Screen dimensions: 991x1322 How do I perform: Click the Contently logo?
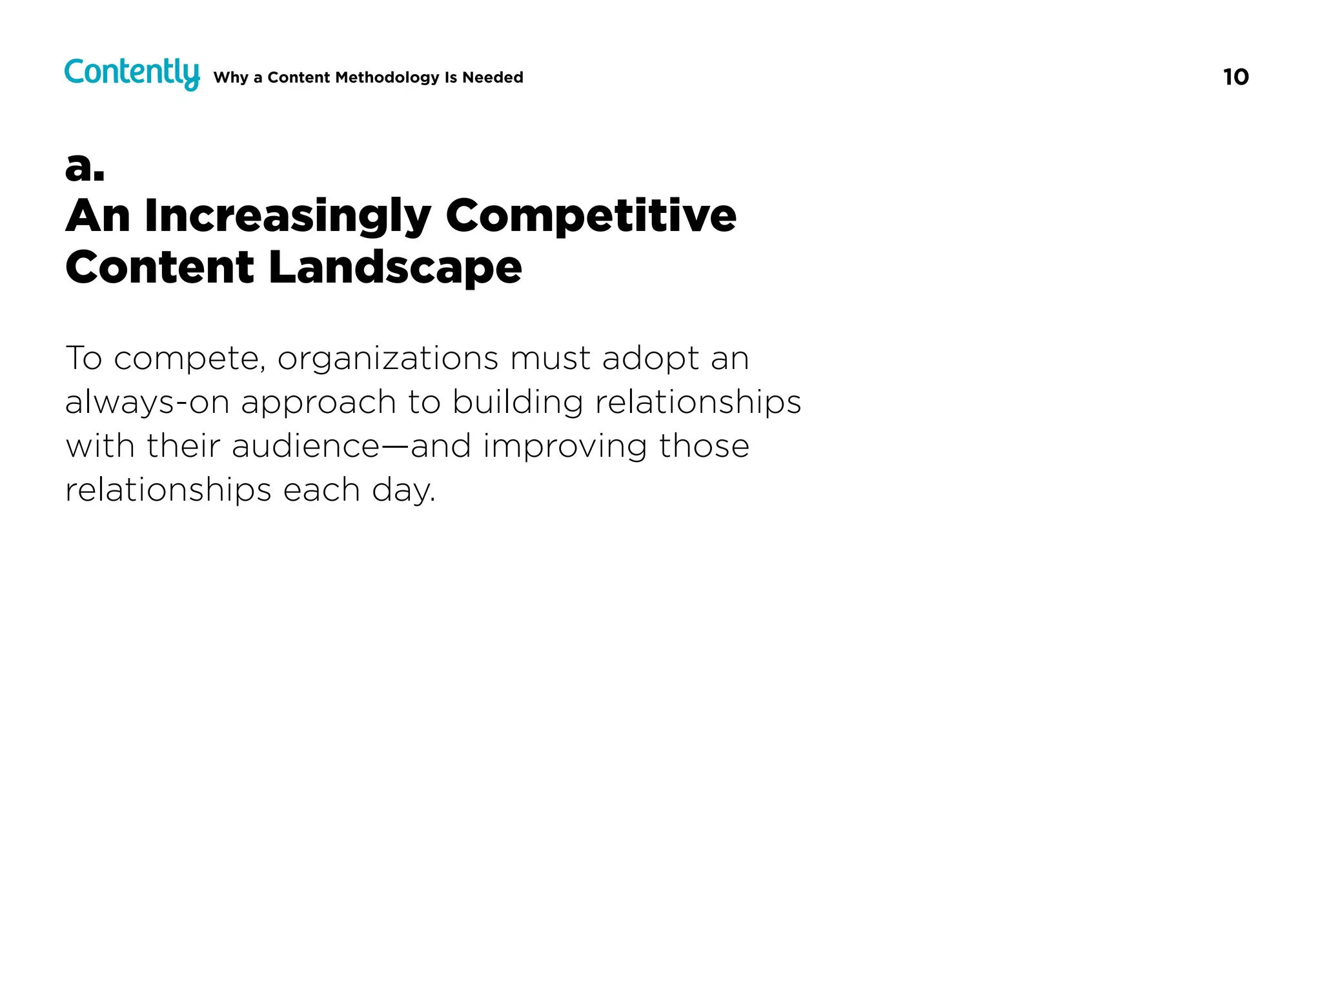point(132,74)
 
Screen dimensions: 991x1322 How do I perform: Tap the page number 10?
point(1236,77)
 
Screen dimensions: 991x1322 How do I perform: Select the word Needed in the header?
point(493,77)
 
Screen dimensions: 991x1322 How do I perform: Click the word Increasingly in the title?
point(287,216)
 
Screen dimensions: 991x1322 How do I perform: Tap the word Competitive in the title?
point(591,216)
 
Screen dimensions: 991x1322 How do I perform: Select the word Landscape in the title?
point(394,268)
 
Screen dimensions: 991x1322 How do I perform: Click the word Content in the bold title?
point(160,268)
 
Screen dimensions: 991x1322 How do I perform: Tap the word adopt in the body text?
point(651,359)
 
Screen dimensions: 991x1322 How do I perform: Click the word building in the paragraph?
point(517,403)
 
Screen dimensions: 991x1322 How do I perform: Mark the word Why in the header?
point(230,77)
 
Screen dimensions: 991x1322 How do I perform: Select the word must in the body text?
point(550,359)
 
